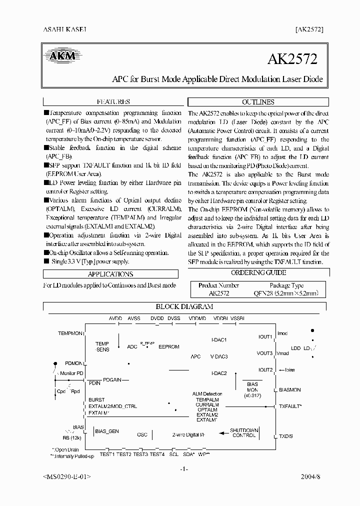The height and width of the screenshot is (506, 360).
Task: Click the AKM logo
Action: pos(62,56)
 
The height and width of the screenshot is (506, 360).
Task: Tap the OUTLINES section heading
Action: pos(258,101)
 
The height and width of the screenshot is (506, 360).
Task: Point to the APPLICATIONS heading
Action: pos(110,274)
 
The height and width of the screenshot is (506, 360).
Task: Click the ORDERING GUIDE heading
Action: pos(258,272)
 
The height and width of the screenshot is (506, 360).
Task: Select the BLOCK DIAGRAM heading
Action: pos(184,306)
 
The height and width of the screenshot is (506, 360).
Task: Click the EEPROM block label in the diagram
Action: pos(168,346)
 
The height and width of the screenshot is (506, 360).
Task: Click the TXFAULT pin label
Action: pos(290,406)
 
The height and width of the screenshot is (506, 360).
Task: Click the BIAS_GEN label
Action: pos(107,430)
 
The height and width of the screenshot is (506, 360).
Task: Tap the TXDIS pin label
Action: pos(286,436)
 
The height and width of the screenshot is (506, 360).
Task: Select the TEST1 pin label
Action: pos(107,454)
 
